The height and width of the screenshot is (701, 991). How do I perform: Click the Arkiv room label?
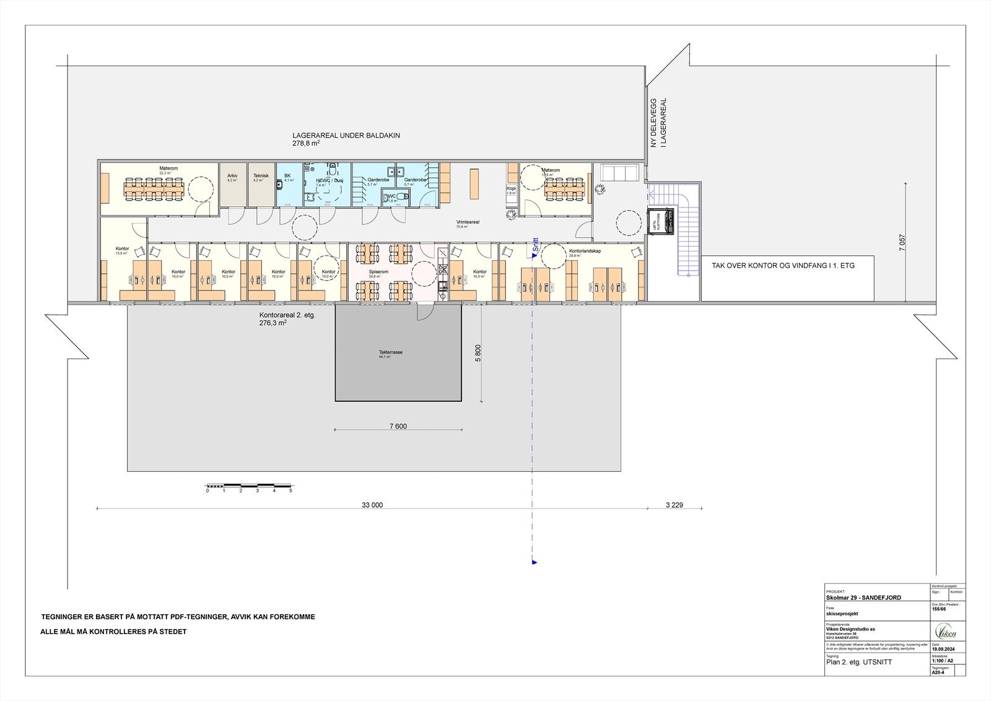(232, 176)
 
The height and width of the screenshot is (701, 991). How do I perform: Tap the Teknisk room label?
(261, 176)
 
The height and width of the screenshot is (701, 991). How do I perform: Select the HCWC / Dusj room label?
(330, 180)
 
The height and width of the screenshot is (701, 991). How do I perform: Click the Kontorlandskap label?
(585, 251)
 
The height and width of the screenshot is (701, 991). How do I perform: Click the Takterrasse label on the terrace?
(391, 352)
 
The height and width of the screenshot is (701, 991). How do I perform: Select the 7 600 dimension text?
(398, 426)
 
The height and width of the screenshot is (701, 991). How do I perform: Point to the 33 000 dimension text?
(372, 505)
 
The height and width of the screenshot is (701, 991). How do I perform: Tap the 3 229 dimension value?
(674, 505)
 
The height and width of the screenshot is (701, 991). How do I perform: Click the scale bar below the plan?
(249, 484)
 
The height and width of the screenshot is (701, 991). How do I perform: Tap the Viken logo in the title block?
(946, 633)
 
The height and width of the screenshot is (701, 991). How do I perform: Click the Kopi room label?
(511, 188)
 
